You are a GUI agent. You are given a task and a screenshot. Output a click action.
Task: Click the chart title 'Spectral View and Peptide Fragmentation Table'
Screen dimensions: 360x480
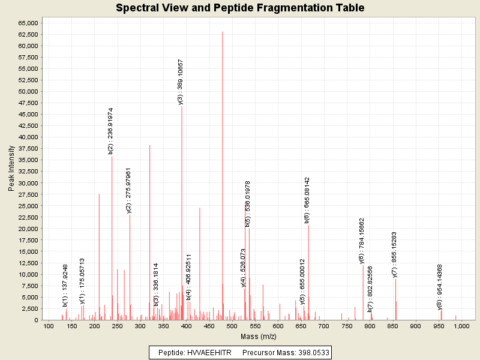[x=240, y=8]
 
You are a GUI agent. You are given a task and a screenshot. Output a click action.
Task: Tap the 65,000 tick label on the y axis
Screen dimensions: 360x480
[x=28, y=23]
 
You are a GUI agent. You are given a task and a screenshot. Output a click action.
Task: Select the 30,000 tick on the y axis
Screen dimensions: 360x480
[x=28, y=183]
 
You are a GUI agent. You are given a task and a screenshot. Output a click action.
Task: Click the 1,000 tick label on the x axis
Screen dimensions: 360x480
[x=461, y=326]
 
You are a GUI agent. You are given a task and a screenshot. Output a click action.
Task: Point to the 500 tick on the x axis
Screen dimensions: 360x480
[x=232, y=326]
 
